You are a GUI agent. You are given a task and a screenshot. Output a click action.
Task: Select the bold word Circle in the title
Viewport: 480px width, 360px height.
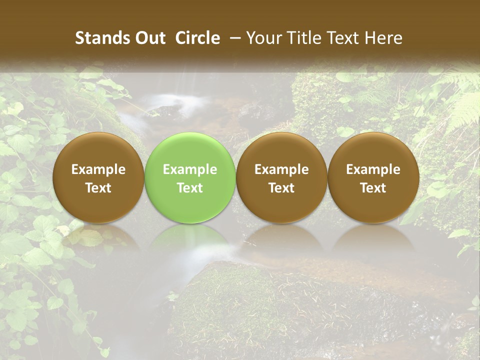click(197, 38)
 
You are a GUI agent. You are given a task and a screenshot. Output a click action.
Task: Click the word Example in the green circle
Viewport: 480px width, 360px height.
click(190, 169)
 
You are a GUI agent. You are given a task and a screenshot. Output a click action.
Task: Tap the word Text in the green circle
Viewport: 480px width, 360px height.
click(190, 188)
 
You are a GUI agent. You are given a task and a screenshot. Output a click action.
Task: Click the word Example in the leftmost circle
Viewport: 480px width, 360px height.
click(98, 169)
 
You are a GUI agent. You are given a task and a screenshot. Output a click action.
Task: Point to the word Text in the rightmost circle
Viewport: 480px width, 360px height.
click(373, 188)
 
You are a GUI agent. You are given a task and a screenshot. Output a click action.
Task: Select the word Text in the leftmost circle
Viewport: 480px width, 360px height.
click(98, 188)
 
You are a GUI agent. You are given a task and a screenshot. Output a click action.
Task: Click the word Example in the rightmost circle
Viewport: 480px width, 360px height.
click(373, 169)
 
